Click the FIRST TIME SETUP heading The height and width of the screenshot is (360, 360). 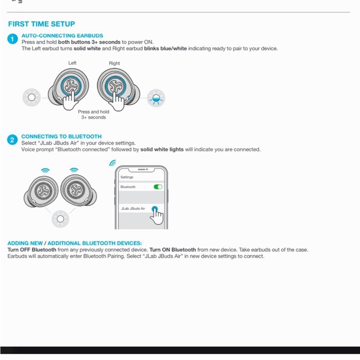coord(42,24)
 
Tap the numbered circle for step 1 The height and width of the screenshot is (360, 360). coord(12,39)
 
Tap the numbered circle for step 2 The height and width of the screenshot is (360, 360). coord(12,140)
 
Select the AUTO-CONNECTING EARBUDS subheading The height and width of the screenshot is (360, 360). coord(62,35)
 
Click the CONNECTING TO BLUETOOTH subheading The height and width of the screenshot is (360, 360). coord(61,137)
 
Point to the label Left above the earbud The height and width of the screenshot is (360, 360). coord(73,63)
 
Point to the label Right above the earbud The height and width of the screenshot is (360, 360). coord(114,63)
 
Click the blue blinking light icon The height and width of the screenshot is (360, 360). coord(156,98)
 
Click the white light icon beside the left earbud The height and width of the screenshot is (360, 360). coord(32,97)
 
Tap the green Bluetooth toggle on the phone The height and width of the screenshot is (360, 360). coord(158,187)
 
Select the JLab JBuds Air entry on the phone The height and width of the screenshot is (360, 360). coord(133,209)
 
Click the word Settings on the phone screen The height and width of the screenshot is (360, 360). coord(127,177)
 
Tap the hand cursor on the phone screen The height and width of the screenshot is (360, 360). coord(157,216)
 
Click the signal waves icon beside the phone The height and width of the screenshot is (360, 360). coord(112,163)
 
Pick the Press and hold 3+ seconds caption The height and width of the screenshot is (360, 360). coord(94,115)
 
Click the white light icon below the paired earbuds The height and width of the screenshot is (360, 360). coord(60,219)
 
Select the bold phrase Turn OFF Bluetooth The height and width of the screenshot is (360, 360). coord(32,250)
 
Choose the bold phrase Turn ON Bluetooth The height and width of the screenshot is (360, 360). coord(173,250)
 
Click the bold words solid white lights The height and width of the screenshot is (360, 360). coord(162,150)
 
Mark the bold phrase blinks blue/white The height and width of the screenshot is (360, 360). coord(165,48)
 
